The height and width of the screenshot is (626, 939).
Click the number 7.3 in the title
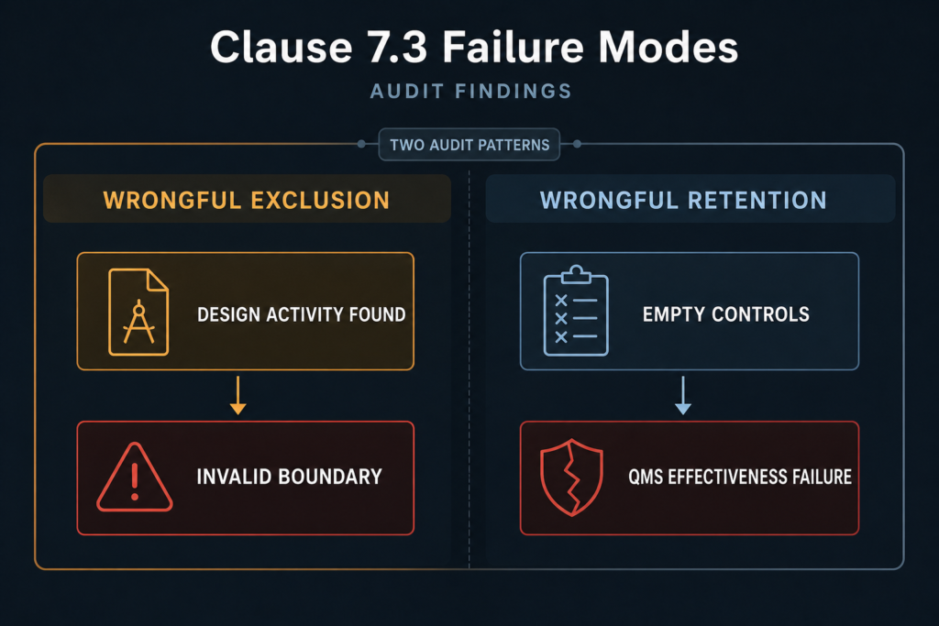coord(397,48)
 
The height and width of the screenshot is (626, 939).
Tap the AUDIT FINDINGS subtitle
coord(471,91)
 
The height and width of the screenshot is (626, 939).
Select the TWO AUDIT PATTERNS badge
coord(469,145)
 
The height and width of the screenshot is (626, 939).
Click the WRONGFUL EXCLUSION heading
coord(247,201)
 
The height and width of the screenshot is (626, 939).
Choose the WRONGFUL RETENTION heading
coord(683,201)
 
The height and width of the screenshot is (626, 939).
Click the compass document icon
coord(138,312)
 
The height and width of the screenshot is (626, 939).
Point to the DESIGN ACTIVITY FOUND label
coord(301,314)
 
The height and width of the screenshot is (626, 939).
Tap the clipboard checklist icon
coord(576,312)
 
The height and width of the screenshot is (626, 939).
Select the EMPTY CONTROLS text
coord(726,314)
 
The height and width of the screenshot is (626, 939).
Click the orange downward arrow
coord(238,395)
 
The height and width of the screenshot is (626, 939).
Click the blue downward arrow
coord(682,395)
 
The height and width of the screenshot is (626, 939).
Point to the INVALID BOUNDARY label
coord(289,477)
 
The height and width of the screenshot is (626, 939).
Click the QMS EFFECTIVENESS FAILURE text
coord(740,477)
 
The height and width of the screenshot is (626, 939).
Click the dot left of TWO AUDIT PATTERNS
coord(361,144)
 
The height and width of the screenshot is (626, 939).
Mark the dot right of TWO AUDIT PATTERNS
coord(578,144)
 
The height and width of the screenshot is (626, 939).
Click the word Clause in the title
coord(282,48)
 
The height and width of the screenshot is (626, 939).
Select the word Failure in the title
coord(513,47)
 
